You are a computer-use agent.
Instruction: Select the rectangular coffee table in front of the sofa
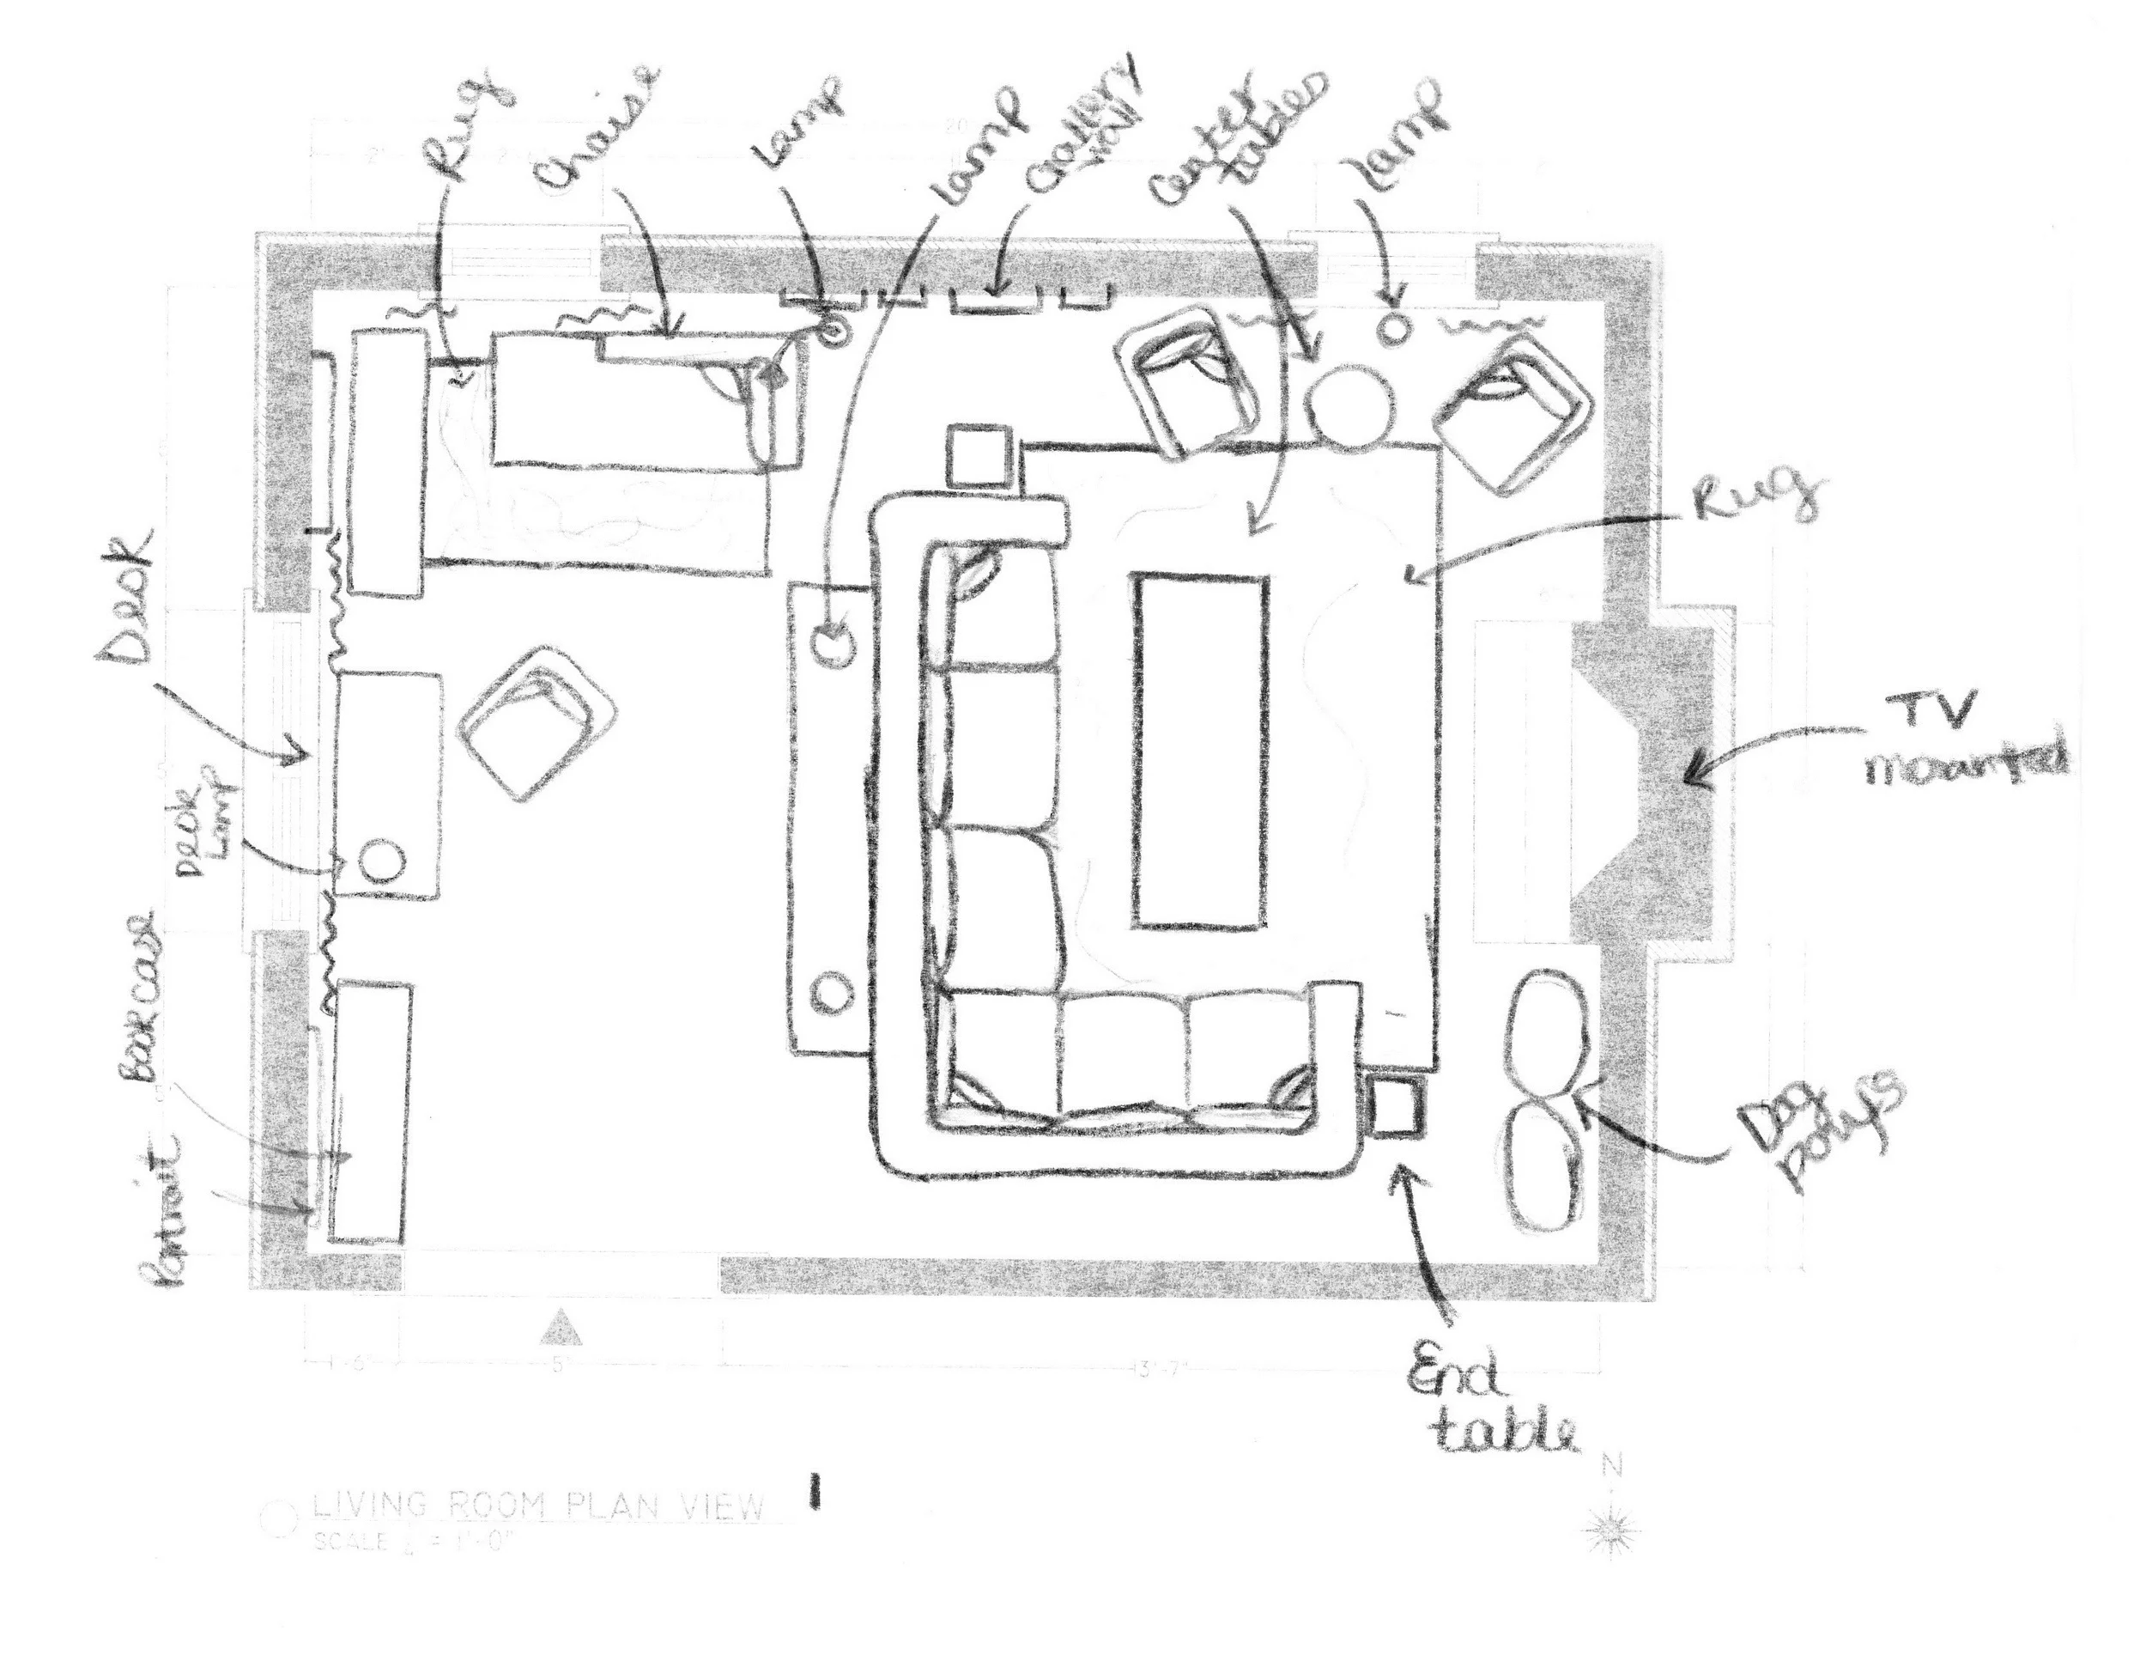1201,751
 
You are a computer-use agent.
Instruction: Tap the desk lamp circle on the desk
382,862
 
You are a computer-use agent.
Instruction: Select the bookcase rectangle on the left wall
369,1110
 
